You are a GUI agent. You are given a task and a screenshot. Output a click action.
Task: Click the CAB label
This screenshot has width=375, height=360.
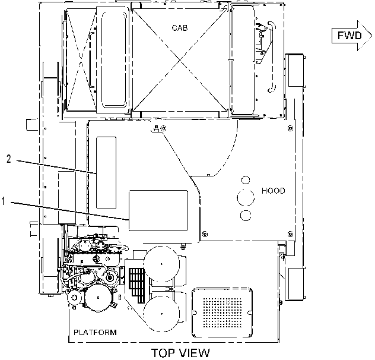180,28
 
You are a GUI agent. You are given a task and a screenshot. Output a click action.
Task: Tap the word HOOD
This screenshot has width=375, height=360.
274,191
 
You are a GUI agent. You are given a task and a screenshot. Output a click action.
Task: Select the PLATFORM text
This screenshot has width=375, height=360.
95,333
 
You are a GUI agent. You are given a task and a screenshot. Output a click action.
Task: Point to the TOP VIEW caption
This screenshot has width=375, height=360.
180,353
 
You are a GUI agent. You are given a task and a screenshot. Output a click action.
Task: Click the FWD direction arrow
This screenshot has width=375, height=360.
352,36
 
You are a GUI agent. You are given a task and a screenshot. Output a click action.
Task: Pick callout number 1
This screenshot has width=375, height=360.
3,201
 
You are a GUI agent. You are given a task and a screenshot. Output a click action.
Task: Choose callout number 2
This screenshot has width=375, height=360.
9,159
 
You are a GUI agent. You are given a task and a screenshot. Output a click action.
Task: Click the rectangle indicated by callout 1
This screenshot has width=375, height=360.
158,210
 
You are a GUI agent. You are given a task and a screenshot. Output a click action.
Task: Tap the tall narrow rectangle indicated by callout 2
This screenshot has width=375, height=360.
106,173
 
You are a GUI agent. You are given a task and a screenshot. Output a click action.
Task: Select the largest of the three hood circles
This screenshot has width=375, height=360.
246,198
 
